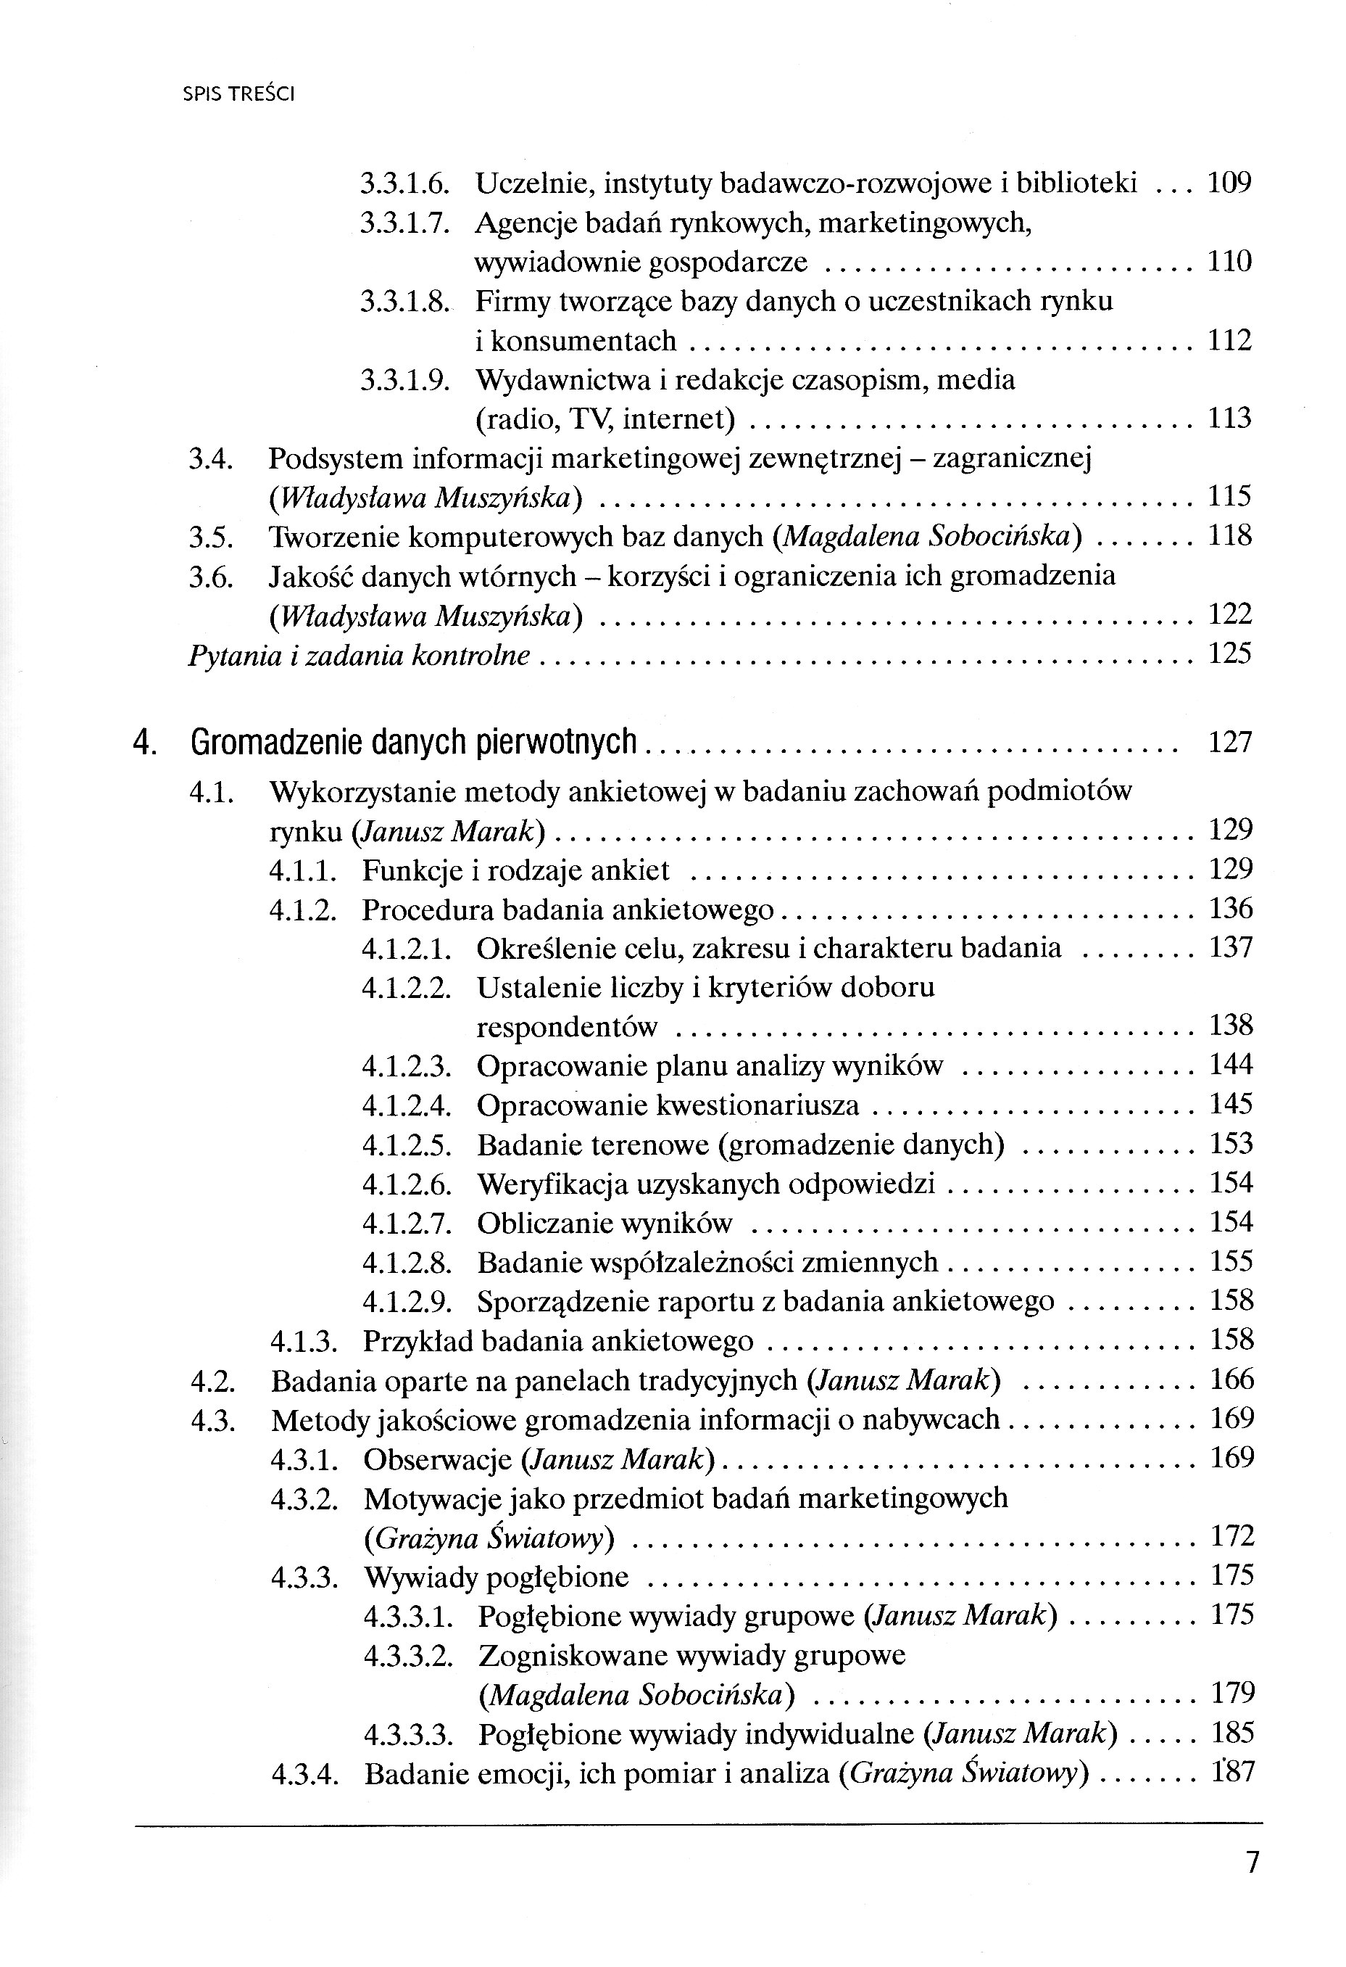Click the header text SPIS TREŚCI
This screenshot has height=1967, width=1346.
tap(238, 95)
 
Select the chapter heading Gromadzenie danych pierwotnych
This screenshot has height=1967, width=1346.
tap(414, 742)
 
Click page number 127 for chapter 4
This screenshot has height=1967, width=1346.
tap(1229, 742)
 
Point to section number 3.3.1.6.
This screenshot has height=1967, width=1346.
tap(404, 183)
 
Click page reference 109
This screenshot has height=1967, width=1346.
tap(1229, 183)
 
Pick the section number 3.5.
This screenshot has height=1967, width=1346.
tap(209, 536)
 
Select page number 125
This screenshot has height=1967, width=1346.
tap(1229, 654)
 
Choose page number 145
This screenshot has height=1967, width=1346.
tap(1231, 1104)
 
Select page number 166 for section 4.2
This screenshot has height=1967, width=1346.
tap(1231, 1380)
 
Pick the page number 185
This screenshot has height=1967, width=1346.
tap(1231, 1733)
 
